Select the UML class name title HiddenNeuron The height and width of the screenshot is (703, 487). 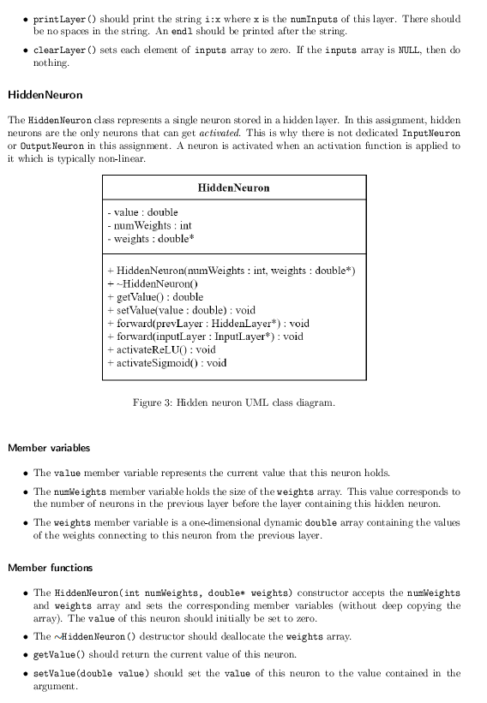[233, 188]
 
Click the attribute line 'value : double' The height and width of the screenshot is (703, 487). [143, 211]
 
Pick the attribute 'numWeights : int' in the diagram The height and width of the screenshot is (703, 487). [150, 225]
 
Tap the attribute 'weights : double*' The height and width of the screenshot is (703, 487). [148, 238]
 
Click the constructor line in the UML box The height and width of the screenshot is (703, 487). [231, 271]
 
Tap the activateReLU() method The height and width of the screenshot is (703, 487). [161, 349]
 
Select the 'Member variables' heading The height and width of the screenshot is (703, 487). [49, 448]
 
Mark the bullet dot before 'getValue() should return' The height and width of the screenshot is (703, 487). [24, 655]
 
